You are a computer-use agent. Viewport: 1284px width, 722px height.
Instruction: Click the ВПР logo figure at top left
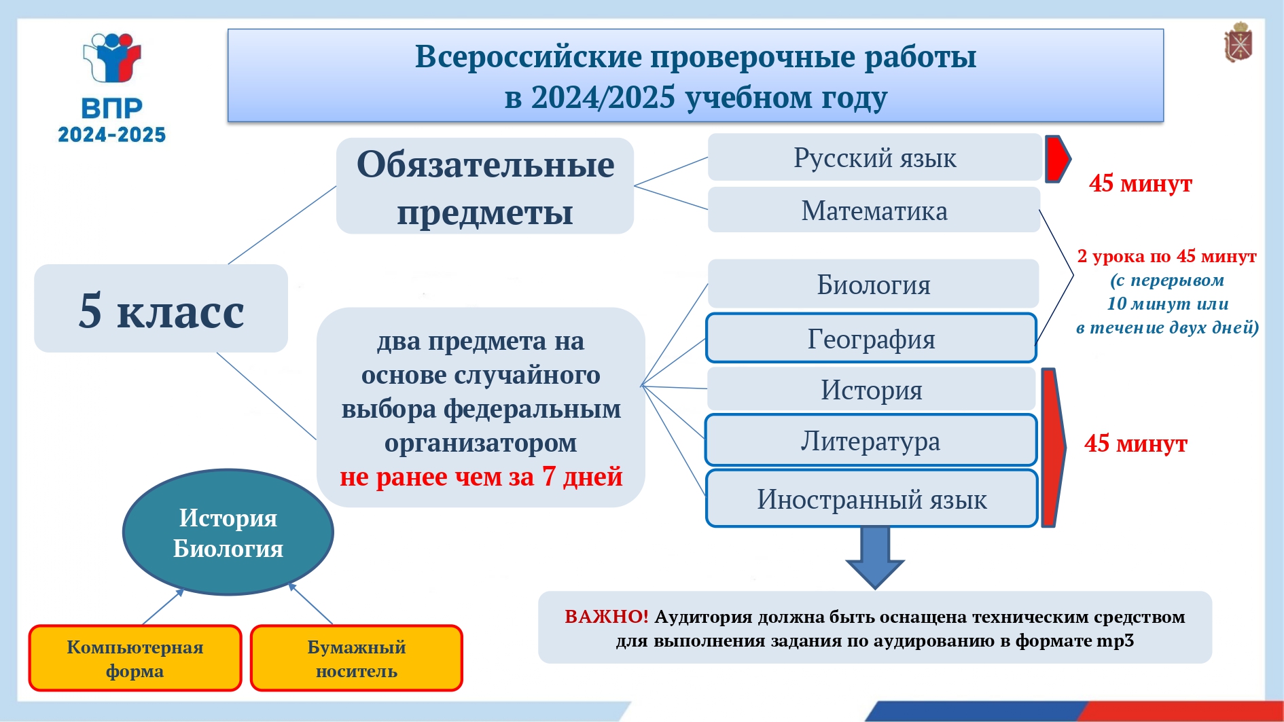(x=111, y=58)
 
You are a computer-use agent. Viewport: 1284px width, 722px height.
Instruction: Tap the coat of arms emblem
(x=1238, y=43)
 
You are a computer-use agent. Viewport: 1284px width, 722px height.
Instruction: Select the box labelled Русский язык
(x=874, y=158)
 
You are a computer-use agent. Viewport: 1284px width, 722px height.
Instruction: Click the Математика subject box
(x=874, y=211)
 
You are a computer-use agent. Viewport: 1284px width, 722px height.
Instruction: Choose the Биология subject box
(x=873, y=284)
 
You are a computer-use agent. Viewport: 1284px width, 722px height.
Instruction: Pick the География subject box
(x=871, y=338)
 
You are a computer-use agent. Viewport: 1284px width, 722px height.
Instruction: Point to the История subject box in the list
(x=871, y=389)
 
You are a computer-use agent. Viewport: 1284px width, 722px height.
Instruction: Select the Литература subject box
(x=871, y=440)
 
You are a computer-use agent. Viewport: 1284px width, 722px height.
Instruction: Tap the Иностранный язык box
(x=872, y=499)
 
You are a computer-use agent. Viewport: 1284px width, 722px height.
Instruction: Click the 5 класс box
(x=161, y=308)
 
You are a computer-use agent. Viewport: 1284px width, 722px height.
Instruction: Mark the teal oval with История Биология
(x=228, y=533)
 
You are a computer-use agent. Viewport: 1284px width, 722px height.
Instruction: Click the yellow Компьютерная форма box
(x=135, y=658)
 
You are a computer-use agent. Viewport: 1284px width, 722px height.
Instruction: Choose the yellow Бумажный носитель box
(x=357, y=658)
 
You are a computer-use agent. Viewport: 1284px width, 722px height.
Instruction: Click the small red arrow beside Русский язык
(x=1057, y=159)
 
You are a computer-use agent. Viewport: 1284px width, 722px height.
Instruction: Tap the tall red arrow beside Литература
(x=1053, y=448)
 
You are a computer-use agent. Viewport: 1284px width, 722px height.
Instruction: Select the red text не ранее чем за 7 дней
(x=481, y=477)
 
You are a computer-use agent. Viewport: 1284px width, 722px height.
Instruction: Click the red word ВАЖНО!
(x=607, y=617)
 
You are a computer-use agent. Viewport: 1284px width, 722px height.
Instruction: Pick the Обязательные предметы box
(x=485, y=186)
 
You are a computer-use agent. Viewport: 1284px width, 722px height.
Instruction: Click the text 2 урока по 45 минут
(x=1166, y=256)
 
